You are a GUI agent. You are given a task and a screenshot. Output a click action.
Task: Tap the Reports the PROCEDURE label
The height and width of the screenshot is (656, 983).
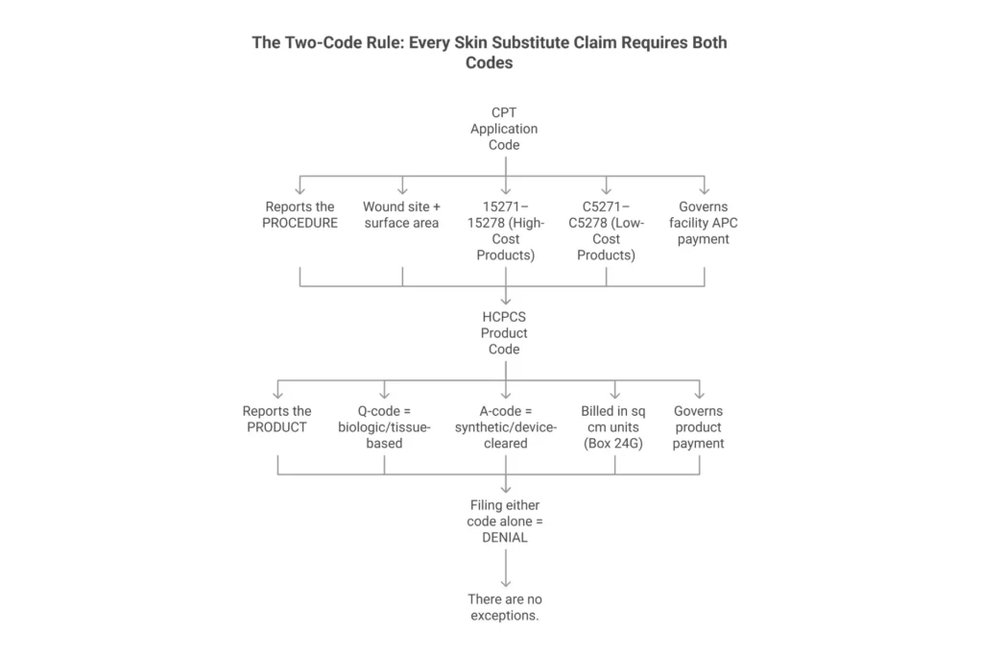300,214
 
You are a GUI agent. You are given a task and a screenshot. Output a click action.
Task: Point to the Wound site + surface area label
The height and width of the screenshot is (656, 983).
401,214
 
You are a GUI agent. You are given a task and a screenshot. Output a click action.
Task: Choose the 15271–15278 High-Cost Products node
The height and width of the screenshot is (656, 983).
505,231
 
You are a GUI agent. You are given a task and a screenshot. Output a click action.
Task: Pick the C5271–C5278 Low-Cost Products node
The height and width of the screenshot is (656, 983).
606,231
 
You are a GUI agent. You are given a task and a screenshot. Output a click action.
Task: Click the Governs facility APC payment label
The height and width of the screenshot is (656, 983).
704,223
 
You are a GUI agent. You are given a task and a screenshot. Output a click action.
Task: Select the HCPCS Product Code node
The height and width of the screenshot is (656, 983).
505,333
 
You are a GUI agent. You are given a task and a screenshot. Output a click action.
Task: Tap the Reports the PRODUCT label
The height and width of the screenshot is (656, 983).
276,419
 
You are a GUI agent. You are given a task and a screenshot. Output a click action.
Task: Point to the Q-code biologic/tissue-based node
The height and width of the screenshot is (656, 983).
384,427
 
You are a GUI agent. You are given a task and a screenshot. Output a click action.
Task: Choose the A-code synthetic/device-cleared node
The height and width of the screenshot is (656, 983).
505,427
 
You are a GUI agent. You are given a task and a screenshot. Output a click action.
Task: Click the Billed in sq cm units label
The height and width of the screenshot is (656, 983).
614,427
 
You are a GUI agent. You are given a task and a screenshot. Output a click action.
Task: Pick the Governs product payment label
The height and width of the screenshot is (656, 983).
699,427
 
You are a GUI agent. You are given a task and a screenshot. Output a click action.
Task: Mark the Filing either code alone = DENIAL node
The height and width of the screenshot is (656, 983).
505,522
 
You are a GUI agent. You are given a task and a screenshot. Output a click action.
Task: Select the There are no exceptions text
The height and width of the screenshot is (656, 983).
505,607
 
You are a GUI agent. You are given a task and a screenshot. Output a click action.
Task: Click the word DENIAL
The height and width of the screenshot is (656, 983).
505,539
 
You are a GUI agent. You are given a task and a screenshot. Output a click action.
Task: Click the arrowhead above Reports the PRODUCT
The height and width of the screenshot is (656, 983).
276,394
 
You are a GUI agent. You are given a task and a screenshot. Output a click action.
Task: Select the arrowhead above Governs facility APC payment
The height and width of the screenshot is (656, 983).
704,189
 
